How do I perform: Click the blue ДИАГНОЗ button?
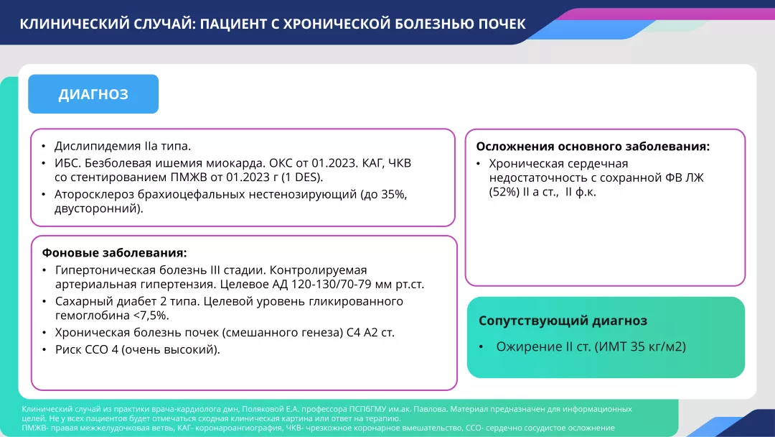[x=93, y=94]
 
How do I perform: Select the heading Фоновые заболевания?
[x=114, y=253]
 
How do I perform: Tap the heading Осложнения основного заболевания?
[x=593, y=146]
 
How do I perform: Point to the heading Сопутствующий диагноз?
[x=563, y=321]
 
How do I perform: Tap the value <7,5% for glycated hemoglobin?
[x=150, y=316]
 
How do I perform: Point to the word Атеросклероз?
[x=91, y=194]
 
